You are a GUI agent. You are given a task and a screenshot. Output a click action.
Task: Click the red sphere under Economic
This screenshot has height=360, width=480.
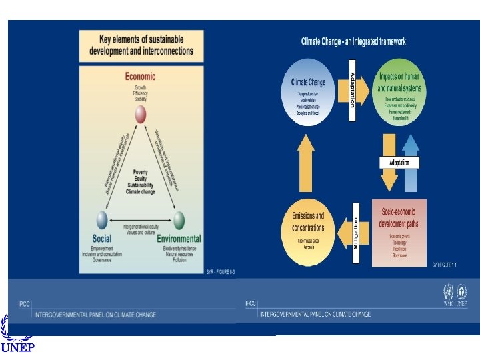(140, 115)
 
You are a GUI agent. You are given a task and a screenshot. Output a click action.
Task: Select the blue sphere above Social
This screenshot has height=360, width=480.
(102, 219)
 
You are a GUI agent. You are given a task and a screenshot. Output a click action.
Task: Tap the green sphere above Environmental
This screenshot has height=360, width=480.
(179, 219)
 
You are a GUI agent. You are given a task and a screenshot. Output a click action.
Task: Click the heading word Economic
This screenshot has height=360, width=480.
(140, 77)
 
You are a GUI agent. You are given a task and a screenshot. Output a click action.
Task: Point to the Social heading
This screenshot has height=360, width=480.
(102, 239)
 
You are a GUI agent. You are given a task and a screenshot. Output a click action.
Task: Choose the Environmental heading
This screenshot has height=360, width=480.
(179, 239)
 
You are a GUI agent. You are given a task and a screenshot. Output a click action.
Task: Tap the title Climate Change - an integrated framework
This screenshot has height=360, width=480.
(353, 41)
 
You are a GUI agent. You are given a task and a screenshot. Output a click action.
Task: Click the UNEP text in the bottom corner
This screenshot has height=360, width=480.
(17, 347)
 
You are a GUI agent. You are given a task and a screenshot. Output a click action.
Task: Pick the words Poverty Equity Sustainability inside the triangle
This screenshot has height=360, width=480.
(140, 179)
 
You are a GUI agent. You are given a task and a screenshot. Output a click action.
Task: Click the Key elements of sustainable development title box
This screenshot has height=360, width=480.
(141, 46)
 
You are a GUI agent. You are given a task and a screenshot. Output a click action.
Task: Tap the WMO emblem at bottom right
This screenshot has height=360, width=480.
(448, 291)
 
